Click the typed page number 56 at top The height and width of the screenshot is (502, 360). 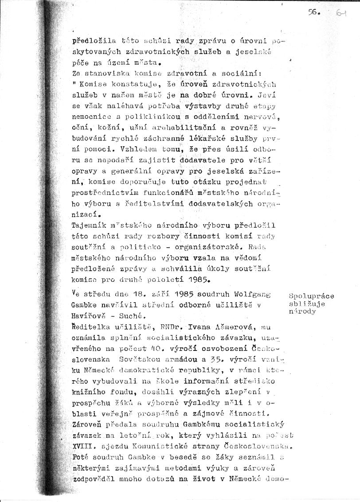pyautogui.click(x=316, y=13)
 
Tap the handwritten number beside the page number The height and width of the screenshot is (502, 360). pyautogui.click(x=341, y=14)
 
